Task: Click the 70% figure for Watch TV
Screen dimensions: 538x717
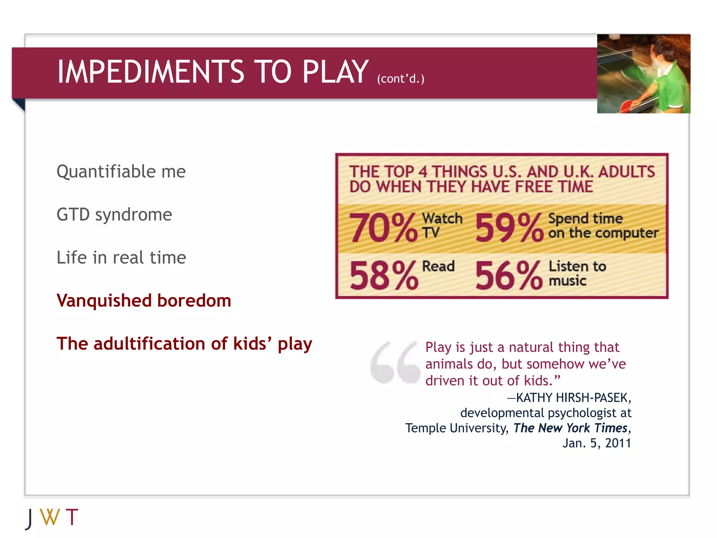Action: (383, 228)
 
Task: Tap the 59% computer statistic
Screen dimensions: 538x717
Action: (509, 228)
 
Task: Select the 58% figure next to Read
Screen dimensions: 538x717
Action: (383, 276)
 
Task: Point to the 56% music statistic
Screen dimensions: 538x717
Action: (509, 276)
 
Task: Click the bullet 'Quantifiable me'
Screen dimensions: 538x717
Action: (121, 172)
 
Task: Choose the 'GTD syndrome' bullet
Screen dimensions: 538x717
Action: (114, 215)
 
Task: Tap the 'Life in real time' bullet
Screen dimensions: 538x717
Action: (121, 258)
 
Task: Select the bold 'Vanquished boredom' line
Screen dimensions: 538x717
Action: (144, 301)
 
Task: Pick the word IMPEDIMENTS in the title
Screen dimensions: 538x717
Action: (151, 72)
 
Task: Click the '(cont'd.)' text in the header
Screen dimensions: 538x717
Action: (401, 79)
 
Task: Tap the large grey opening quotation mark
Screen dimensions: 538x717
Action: (395, 363)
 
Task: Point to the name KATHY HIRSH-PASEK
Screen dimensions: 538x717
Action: (573, 398)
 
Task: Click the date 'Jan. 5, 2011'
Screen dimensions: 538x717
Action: (597, 443)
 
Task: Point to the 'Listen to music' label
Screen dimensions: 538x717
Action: (577, 274)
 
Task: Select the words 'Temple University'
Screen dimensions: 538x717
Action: (457, 428)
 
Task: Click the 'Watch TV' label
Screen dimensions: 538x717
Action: (442, 225)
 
